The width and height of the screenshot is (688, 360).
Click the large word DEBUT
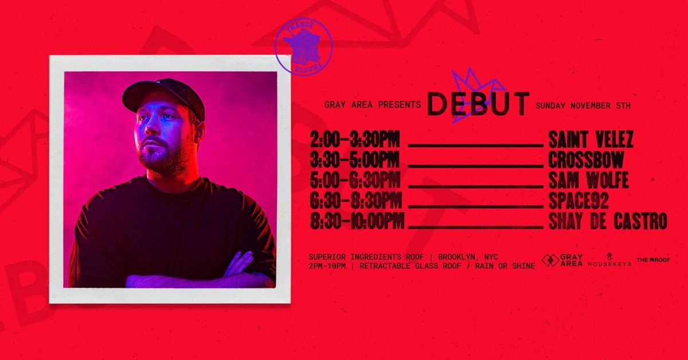pyautogui.click(x=478, y=104)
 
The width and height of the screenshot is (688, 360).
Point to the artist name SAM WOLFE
pyautogui.click(x=588, y=181)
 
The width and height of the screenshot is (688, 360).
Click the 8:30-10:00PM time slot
pyautogui.click(x=357, y=221)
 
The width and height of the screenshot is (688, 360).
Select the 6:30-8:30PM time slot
pyautogui.click(x=355, y=201)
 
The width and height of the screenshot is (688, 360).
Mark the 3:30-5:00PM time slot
pyautogui.click(x=354, y=160)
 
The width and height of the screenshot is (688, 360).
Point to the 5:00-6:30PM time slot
pyautogui.click(x=354, y=181)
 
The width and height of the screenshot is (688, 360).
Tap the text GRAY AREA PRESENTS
pyautogui.click(x=373, y=105)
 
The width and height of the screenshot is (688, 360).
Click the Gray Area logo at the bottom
pyautogui.click(x=562, y=260)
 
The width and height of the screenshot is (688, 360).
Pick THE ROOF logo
pyautogui.click(x=653, y=260)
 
